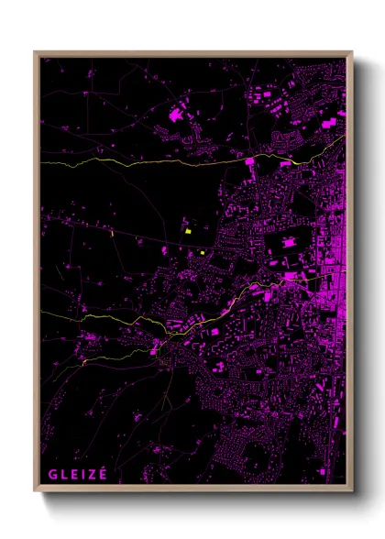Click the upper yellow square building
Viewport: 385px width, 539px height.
pos(187,231)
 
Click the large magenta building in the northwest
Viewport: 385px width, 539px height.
pos(176,115)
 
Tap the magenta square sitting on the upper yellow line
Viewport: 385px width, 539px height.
pos(249,161)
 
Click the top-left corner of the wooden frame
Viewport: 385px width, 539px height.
pos(36,52)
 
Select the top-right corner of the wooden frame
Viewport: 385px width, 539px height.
pos(351,52)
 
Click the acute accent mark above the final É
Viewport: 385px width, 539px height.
pos(104,467)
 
